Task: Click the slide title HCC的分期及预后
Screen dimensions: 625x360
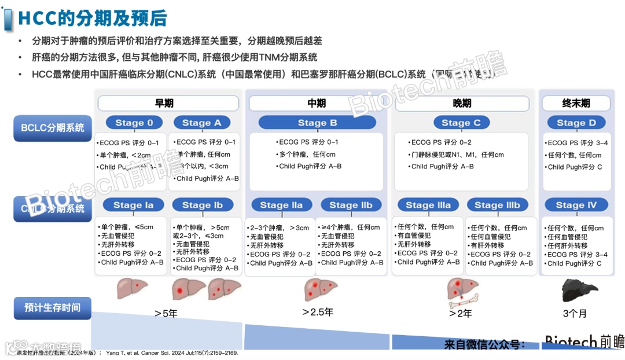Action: point(93,19)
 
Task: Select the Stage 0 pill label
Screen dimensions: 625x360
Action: point(134,123)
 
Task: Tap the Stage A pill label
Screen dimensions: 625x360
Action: point(201,123)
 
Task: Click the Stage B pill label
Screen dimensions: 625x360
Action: point(317,123)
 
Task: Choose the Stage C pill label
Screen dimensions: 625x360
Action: point(461,123)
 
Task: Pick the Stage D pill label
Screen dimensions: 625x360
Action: point(576,123)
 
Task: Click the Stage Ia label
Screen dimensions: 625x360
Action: point(134,205)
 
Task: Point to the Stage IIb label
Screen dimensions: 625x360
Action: point(351,205)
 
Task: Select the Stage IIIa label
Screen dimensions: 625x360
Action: point(428,205)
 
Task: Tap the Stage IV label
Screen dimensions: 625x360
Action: point(576,205)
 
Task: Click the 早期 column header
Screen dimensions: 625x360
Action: point(168,104)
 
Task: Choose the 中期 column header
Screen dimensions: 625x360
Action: point(317,104)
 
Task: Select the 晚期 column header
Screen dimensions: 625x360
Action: point(462,104)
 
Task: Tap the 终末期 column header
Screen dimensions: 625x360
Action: point(576,104)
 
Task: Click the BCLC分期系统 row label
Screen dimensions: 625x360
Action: point(53,128)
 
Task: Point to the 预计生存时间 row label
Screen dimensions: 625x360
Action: point(53,307)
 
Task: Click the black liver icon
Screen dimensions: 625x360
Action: point(576,288)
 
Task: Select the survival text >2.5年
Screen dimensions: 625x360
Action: point(317,313)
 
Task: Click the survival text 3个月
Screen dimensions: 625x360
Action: point(575,313)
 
